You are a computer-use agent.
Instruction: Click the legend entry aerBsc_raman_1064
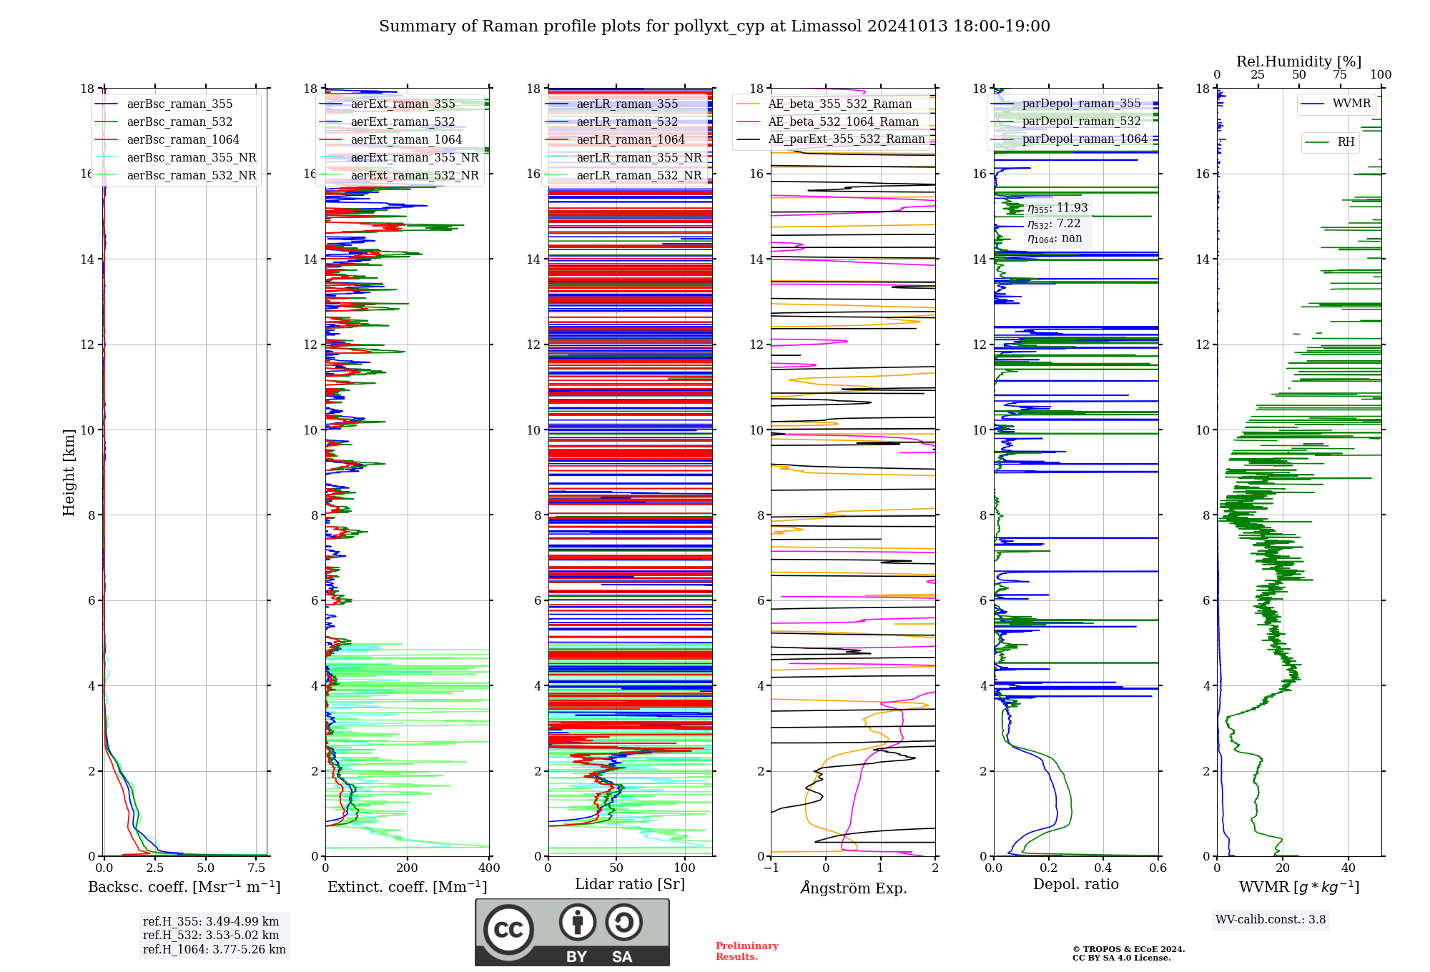[183, 139]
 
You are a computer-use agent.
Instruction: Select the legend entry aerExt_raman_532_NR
[415, 175]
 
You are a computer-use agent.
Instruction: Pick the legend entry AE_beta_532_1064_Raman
[843, 121]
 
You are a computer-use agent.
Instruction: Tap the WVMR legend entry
[1351, 104]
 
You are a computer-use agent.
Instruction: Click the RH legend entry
[1346, 142]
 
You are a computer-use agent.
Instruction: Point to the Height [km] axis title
[69, 472]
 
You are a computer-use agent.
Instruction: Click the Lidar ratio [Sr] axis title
[630, 884]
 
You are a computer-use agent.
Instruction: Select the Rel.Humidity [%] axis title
[1298, 61]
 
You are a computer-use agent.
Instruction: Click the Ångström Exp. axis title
[853, 888]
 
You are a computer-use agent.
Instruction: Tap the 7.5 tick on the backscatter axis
[256, 868]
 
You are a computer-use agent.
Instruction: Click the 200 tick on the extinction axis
[407, 868]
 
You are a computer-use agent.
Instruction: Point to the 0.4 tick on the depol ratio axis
[1103, 868]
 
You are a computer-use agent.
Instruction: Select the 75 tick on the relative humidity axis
[1340, 75]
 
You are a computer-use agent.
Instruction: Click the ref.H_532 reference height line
[211, 935]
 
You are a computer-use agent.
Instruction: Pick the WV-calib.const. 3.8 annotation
[1271, 919]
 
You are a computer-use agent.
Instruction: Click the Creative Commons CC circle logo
[508, 930]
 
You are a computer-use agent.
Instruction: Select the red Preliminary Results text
[746, 951]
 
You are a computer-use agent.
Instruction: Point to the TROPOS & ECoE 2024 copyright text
[1128, 949]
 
